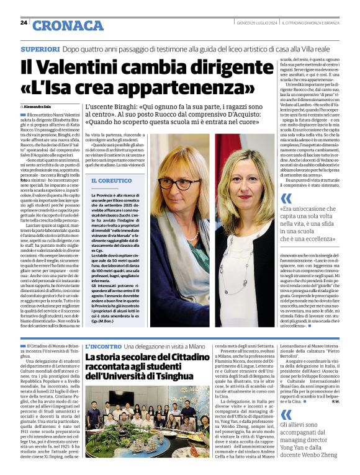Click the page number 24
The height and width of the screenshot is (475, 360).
[24, 22]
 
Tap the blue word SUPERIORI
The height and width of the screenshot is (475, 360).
[40, 48]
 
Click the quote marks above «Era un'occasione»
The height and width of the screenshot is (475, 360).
[287, 198]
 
